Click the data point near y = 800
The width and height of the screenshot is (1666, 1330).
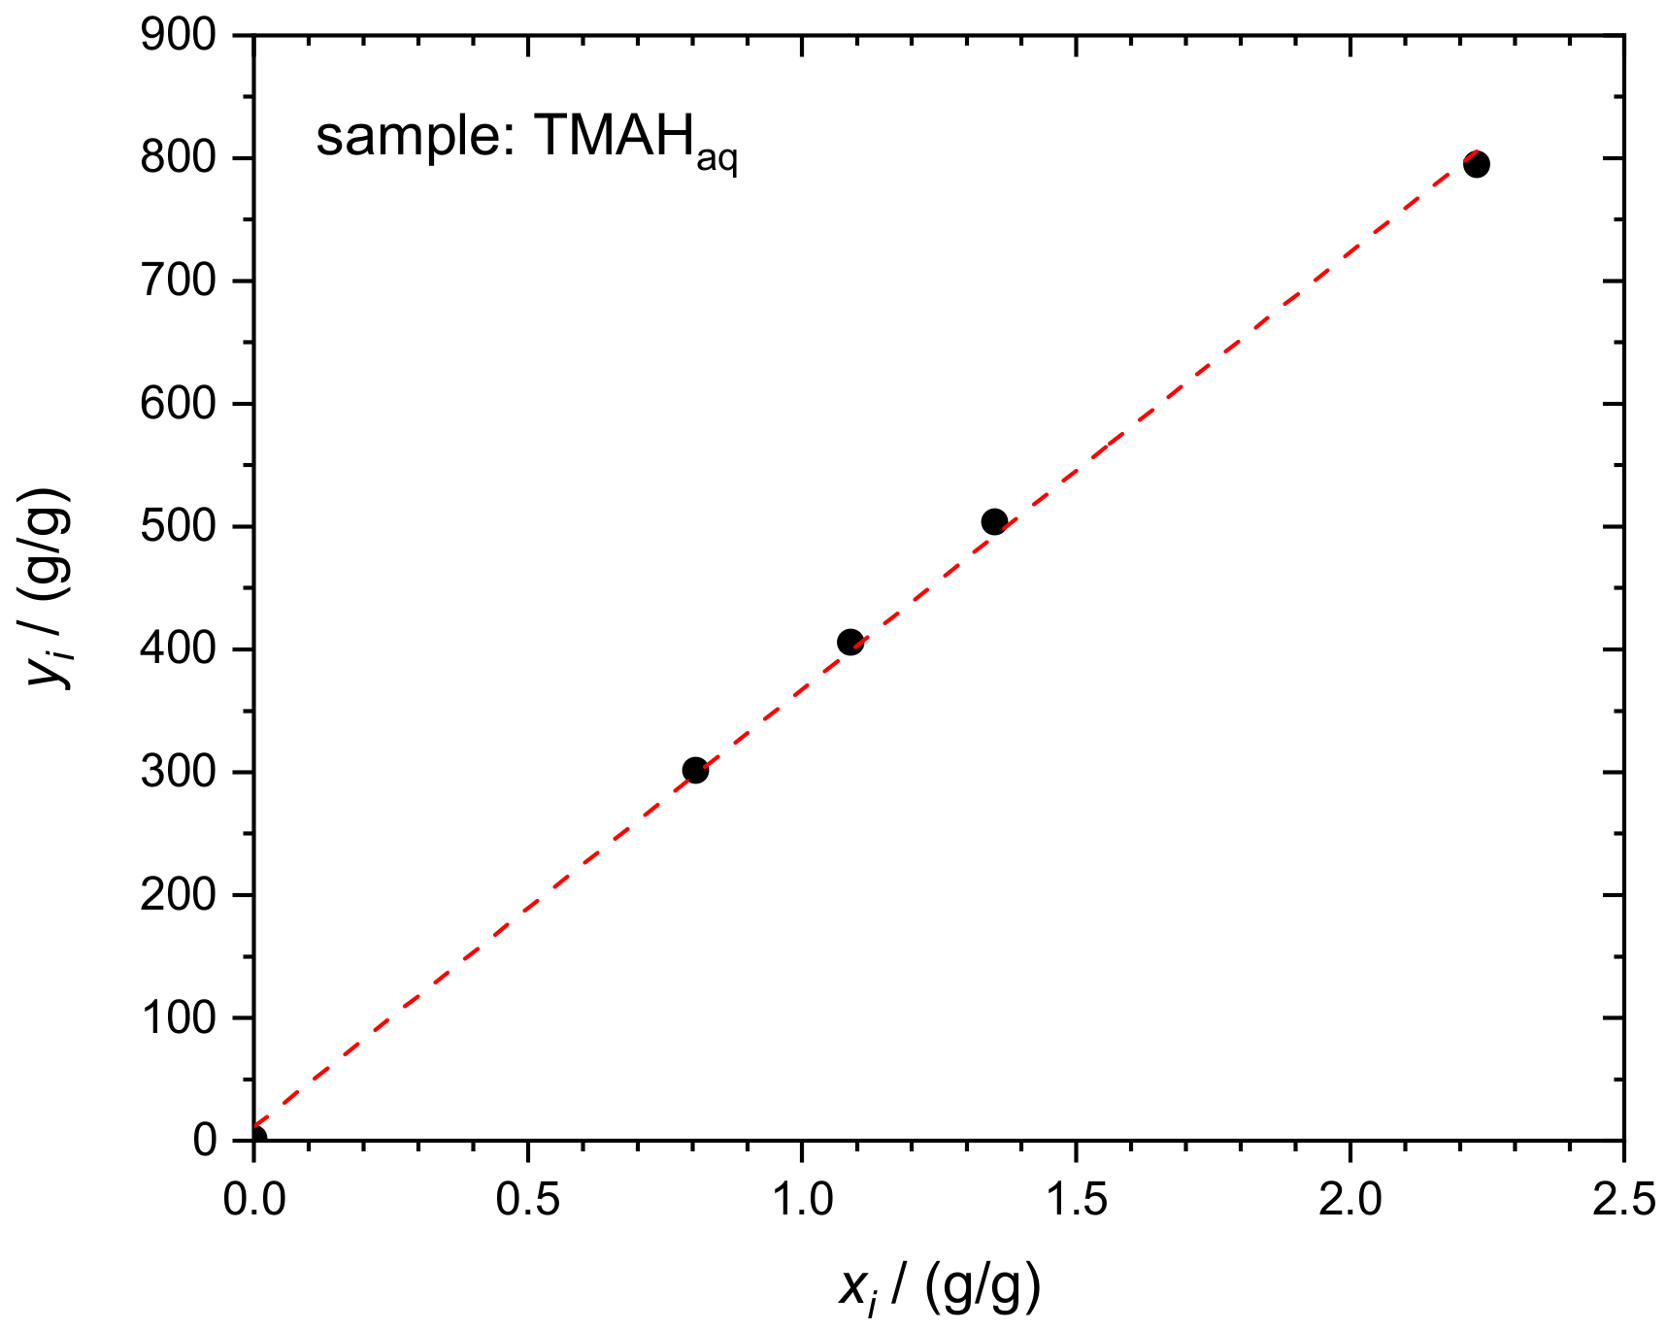pos(1476,164)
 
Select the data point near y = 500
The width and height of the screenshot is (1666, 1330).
pos(994,521)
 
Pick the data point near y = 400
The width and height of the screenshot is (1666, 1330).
pos(850,642)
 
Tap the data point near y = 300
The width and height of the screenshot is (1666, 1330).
pos(695,770)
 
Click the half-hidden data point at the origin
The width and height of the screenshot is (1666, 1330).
pos(257,1137)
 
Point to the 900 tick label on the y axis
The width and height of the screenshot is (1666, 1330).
pos(178,36)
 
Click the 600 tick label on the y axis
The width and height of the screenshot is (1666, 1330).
pos(178,404)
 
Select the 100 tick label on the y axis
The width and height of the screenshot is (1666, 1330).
pos(178,1017)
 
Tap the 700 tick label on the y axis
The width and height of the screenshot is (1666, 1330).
pos(178,282)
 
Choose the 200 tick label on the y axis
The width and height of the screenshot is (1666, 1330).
pos(178,895)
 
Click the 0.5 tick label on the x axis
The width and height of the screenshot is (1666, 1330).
pos(527,1200)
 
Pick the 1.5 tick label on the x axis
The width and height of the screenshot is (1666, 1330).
pos(1076,1200)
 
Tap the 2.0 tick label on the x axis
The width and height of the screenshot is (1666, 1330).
pos(1349,1200)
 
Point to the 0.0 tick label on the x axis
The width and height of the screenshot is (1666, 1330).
pos(254,1200)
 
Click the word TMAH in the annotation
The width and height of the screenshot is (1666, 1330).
pos(614,135)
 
